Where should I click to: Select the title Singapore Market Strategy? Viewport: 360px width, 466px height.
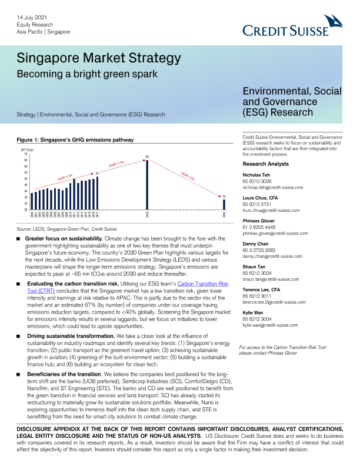[x=98, y=59]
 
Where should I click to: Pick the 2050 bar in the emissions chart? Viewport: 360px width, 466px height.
[x=224, y=204]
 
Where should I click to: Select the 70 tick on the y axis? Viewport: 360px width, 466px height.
[x=25, y=154]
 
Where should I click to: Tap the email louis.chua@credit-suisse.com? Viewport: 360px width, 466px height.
[x=274, y=209]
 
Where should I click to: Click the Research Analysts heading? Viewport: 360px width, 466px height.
[x=266, y=163]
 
